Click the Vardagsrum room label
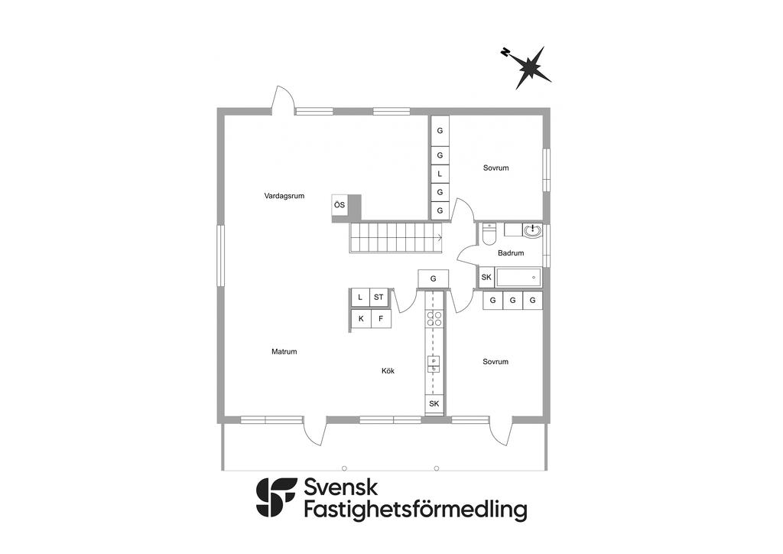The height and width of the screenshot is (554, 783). tap(284, 196)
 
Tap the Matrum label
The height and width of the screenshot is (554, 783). tap(284, 352)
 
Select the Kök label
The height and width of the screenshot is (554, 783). tap(389, 371)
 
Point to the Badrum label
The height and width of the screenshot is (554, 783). tap(511, 253)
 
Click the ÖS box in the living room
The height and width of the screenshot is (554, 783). tap(340, 204)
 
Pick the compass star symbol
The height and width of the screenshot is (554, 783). tap(529, 67)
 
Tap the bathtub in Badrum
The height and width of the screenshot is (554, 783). tap(518, 277)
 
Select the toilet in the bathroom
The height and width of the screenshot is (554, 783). tap(489, 233)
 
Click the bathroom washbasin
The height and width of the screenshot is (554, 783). tap(533, 229)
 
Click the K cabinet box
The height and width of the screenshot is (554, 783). tap(361, 318)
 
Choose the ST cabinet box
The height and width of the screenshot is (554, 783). tap(379, 297)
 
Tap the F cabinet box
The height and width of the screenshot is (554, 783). tap(380, 318)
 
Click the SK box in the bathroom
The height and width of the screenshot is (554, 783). tap(486, 277)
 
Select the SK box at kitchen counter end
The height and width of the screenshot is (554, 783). tap(434, 403)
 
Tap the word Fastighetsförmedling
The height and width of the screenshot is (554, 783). tap(415, 510)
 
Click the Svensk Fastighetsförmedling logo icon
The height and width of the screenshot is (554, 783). tap(276, 498)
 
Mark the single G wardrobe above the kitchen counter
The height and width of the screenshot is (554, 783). tap(433, 279)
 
